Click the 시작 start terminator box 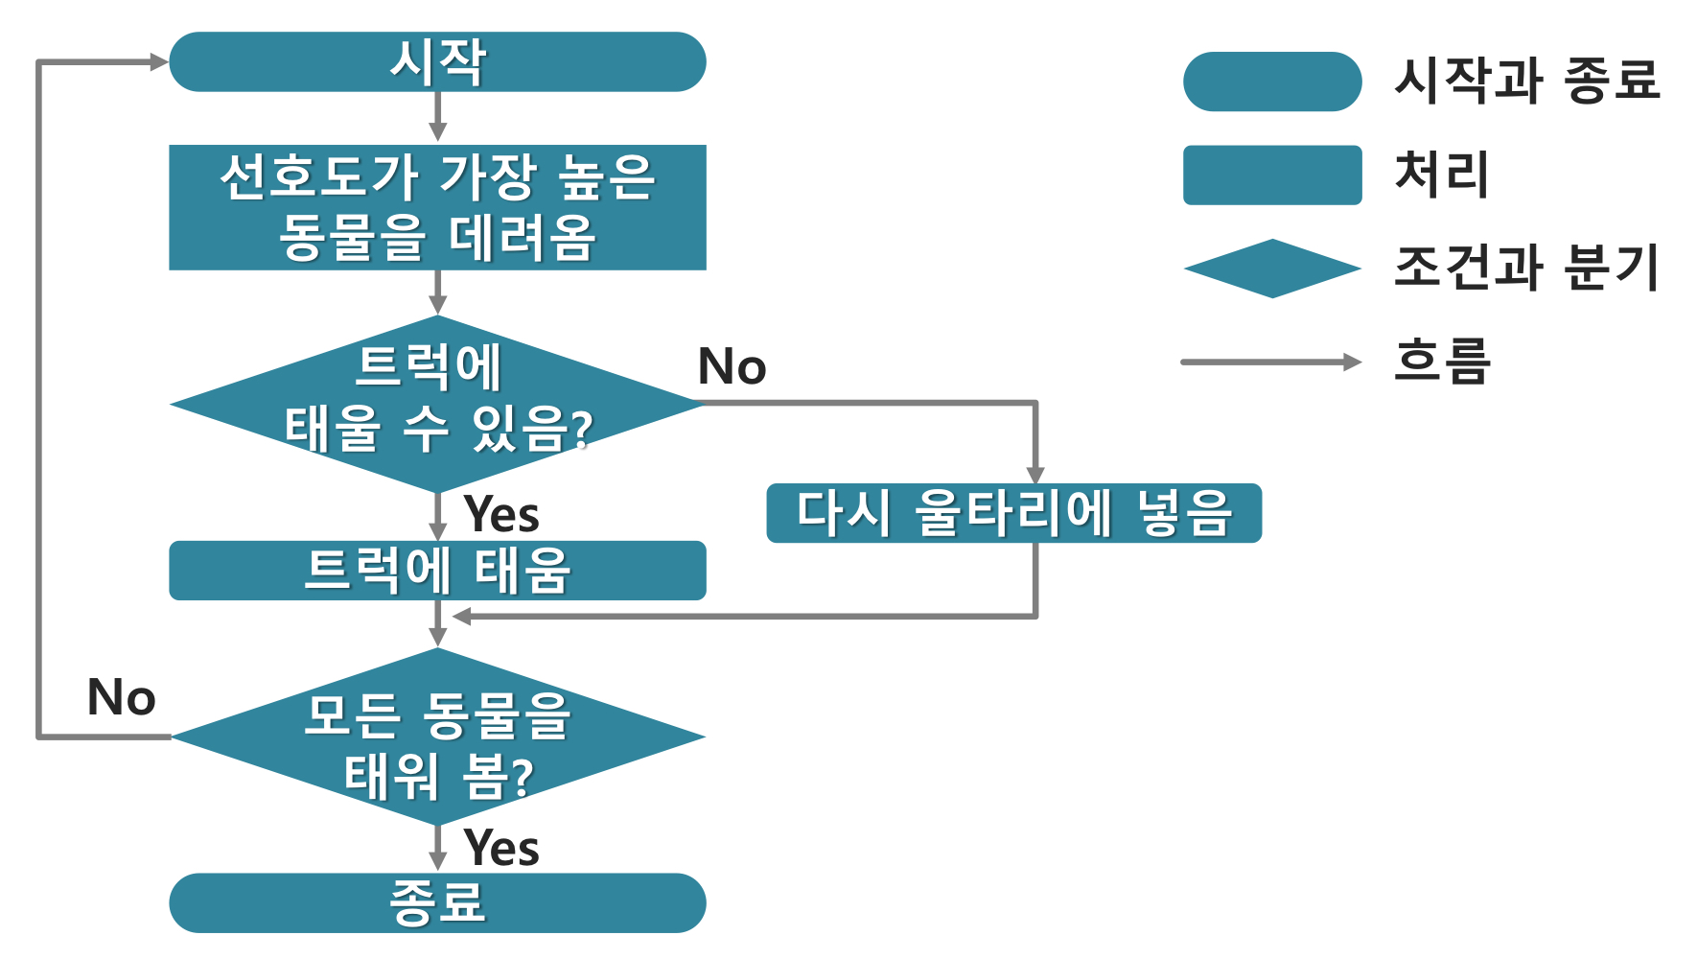click(x=437, y=62)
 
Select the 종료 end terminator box click(x=437, y=902)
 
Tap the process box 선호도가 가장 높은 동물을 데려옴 click(x=437, y=207)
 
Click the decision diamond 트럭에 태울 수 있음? click(x=437, y=404)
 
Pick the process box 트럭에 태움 click(x=437, y=571)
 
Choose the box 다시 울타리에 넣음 click(x=1013, y=513)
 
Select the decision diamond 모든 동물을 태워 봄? click(x=437, y=737)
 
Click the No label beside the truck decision click(x=732, y=366)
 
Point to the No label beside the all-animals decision click(x=121, y=697)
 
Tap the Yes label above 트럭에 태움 click(x=501, y=514)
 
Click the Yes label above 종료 click(x=501, y=848)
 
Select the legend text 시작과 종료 click(x=1526, y=80)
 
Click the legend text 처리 click(x=1442, y=175)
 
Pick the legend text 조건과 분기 click(x=1526, y=268)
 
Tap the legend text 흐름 click(x=1442, y=362)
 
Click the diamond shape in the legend click(x=1272, y=269)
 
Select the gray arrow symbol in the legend click(x=1270, y=363)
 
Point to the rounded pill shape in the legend click(x=1272, y=82)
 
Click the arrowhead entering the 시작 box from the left click(x=159, y=62)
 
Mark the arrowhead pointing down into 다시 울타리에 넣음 click(x=1035, y=475)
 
